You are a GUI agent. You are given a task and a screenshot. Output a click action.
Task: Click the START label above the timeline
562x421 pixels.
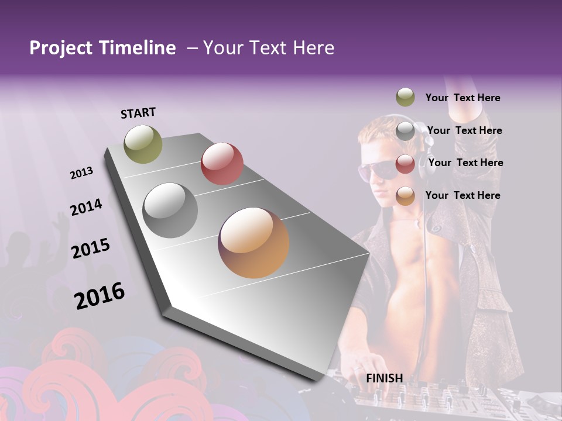tap(138, 113)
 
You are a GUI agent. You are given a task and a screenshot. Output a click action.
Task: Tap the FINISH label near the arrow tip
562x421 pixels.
tap(385, 378)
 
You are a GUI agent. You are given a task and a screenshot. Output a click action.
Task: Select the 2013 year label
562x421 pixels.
tap(82, 173)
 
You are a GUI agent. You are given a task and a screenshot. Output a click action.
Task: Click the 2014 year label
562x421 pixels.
tap(87, 208)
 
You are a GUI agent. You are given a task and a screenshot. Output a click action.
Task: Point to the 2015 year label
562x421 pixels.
tap(91, 249)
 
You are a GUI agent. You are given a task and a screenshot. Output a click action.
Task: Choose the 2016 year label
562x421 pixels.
tap(100, 295)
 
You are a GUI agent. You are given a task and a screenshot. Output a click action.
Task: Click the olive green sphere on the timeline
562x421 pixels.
tap(143, 144)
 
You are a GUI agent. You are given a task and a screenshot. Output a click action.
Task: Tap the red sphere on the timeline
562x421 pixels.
tap(222, 164)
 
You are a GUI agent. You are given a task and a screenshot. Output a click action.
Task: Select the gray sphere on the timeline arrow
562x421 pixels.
tap(170, 210)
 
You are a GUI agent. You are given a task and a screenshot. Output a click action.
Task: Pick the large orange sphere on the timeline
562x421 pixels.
tap(253, 243)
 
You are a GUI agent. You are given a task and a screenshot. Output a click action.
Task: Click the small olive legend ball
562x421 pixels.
tap(405, 97)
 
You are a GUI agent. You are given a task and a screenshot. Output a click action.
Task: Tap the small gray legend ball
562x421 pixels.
tap(405, 131)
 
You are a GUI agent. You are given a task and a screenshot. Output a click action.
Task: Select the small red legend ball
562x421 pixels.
tap(405, 164)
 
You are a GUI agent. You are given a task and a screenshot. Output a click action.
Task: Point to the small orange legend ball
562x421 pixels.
tap(405, 196)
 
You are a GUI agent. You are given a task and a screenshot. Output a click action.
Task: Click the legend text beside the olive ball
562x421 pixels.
tap(463, 98)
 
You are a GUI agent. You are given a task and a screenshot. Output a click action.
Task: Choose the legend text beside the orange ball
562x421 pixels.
tap(463, 195)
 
